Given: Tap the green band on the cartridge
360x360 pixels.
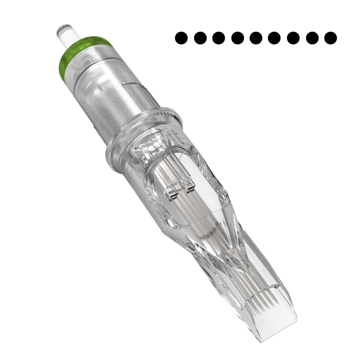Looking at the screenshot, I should point(85,48).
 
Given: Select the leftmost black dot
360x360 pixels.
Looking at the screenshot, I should point(181,38).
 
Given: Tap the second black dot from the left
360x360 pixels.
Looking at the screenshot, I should point(200,38).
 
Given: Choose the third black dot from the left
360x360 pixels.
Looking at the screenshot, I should point(218,38).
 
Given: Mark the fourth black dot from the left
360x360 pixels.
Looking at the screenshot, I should point(237,38).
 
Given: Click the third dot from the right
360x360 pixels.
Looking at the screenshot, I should point(294,38).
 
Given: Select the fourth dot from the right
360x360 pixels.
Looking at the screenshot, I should point(275,38).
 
